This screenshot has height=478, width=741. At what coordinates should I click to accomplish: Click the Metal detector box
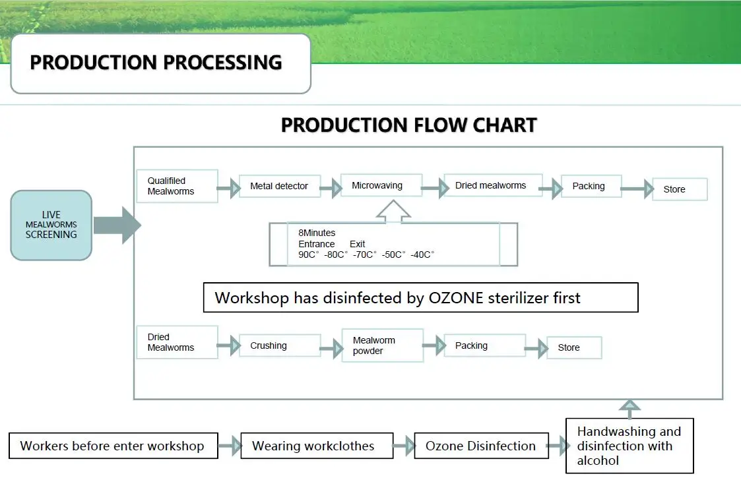point(278,186)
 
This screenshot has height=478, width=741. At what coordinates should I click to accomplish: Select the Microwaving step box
point(381,185)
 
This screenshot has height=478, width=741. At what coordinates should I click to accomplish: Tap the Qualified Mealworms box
point(177,186)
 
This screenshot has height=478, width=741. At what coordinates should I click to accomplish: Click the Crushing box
point(279,345)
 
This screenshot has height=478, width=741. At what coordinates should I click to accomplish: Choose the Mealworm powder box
point(382,345)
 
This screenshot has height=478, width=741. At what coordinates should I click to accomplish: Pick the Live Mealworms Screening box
point(51,225)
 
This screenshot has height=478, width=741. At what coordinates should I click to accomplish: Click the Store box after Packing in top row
point(680,189)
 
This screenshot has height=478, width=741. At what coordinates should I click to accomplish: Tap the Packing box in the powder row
point(484,345)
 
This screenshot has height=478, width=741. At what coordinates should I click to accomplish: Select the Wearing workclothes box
point(317,446)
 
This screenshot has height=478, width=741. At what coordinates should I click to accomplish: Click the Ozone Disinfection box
point(481,446)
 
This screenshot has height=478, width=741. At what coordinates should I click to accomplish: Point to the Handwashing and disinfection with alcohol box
point(629,446)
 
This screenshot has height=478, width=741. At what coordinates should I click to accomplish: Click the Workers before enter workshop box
point(113,446)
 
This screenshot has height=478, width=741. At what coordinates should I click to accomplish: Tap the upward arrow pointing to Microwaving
point(393,210)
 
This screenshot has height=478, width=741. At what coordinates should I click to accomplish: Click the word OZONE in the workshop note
point(456,297)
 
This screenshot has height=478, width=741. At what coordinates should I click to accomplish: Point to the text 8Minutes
point(317,233)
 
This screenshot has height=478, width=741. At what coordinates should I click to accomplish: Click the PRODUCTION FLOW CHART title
point(409,125)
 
